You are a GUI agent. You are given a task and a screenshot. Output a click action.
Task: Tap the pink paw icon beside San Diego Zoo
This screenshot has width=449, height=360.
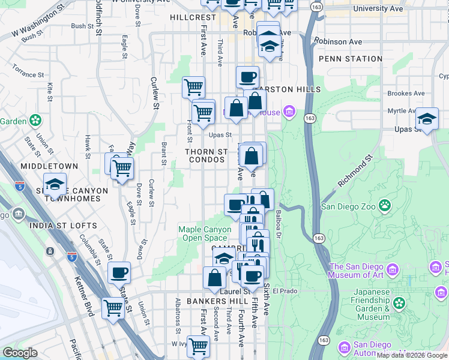tap(384, 207)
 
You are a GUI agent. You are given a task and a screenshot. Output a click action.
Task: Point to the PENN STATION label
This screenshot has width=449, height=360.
tap(351, 59)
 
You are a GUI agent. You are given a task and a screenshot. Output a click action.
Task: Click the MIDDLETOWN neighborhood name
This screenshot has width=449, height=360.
tap(49, 166)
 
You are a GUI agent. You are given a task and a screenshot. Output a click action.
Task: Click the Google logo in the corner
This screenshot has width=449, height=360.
tap(20, 353)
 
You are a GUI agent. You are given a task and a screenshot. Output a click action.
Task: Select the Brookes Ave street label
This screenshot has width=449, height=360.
tap(406, 94)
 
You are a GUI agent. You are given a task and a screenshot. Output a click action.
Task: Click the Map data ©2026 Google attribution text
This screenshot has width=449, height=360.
tap(412, 355)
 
